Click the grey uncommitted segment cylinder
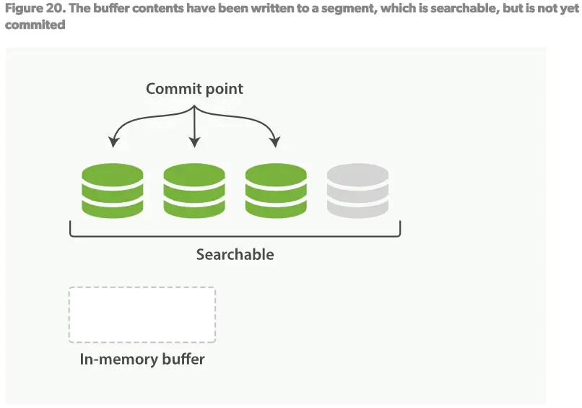[x=357, y=191]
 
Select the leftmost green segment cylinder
[x=112, y=191]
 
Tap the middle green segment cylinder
[x=194, y=191]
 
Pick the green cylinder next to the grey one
[x=276, y=191]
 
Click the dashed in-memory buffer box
[x=142, y=315]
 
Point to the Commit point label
[x=194, y=89]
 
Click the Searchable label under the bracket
[x=235, y=254]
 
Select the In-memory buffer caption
[x=142, y=359]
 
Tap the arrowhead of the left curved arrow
[x=113, y=142]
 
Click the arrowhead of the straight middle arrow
[x=194, y=144]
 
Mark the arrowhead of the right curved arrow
[x=275, y=142]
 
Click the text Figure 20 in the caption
[x=30, y=8]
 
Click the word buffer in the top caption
[x=116, y=8]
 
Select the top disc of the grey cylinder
[x=357, y=175]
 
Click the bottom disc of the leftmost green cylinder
[x=112, y=208]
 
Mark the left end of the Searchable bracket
[x=71, y=230]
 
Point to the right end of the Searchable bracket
[x=399, y=230]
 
